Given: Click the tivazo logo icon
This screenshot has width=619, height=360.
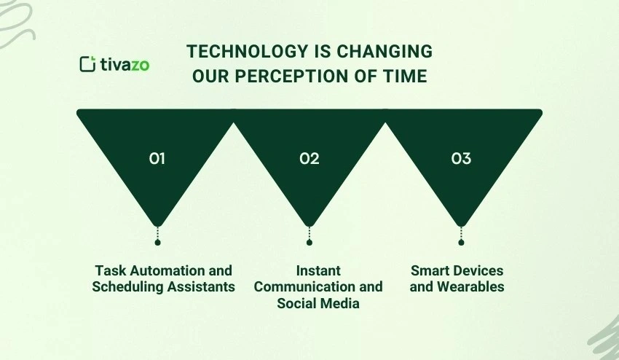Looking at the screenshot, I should coord(87,64).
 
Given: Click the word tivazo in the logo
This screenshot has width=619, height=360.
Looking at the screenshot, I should coord(124,64).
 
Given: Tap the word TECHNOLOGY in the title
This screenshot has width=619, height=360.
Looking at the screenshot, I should coord(239,51).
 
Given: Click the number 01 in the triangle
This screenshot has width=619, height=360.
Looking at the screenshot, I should coord(157,157).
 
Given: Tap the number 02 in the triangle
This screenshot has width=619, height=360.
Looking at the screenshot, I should coord(309,157).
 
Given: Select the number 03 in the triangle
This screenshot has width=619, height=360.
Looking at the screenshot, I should coord(461,157).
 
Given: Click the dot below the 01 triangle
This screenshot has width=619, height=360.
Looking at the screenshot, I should coord(157,242).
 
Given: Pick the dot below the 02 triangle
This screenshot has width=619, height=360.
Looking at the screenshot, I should coord(309,242).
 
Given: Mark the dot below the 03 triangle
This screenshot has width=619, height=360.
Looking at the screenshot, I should coord(461,242).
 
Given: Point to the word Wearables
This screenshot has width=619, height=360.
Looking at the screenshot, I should coord(470,287).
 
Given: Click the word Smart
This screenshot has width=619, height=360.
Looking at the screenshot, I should coord(427,271).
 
